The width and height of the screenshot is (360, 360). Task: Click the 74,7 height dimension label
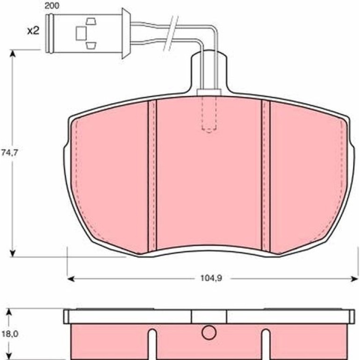(x=9, y=153)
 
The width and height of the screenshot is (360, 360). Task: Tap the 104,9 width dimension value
(x=211, y=279)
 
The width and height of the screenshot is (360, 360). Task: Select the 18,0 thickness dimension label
(x=10, y=334)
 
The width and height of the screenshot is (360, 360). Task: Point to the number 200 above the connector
(x=51, y=6)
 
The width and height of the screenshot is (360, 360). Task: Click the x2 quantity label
(x=33, y=30)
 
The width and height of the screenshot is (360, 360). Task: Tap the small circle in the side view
(x=209, y=332)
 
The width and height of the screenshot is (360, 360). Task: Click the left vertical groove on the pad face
(x=152, y=176)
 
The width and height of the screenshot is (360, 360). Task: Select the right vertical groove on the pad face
(x=266, y=175)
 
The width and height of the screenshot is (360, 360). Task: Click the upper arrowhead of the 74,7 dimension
(x=13, y=53)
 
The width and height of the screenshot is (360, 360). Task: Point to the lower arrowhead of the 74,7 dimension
(x=13, y=253)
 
